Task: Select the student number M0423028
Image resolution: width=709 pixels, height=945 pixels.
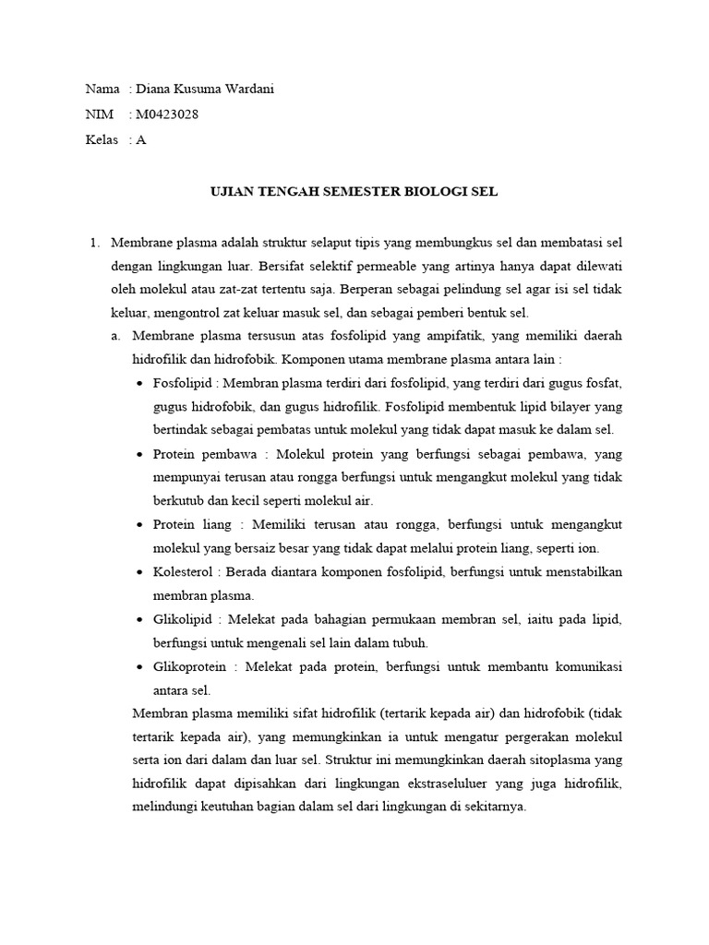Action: coord(166,114)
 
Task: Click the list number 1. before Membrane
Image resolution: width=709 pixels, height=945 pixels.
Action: coord(94,243)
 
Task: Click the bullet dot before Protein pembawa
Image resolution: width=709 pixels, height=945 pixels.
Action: coord(139,455)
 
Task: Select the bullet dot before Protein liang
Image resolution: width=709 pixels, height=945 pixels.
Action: coord(139,525)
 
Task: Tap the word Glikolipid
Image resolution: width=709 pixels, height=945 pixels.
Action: coord(184,619)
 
